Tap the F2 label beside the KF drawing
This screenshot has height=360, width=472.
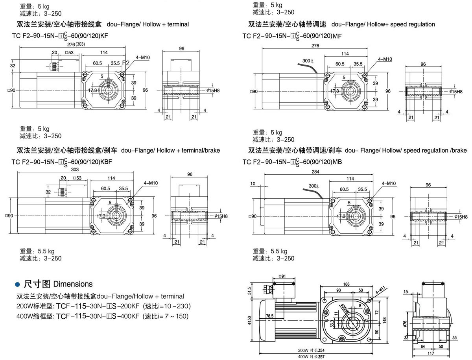(x=125, y=63)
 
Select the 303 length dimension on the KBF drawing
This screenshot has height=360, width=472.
(x=75, y=170)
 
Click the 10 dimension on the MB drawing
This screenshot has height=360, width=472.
(x=253, y=184)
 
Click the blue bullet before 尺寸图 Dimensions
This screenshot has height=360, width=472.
(x=17, y=284)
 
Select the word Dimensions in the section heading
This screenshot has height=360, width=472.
(x=73, y=284)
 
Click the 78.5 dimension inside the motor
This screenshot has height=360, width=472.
(x=269, y=316)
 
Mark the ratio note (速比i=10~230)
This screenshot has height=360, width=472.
(x=167, y=306)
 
